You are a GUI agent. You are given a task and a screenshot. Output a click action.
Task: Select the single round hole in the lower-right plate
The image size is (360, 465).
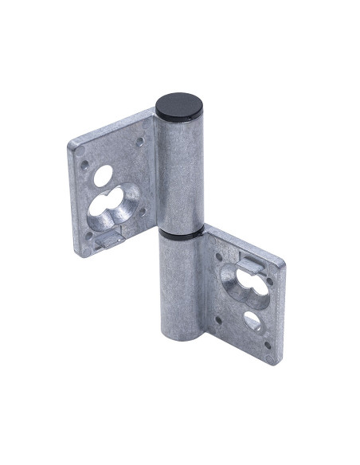(253, 319)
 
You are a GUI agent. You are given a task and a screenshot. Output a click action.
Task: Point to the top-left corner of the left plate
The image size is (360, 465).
(72, 145)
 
